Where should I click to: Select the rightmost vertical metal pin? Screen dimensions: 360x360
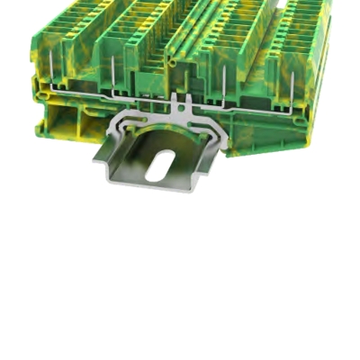(x=296, y=85)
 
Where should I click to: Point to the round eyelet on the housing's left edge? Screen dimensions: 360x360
(x=37, y=85)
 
